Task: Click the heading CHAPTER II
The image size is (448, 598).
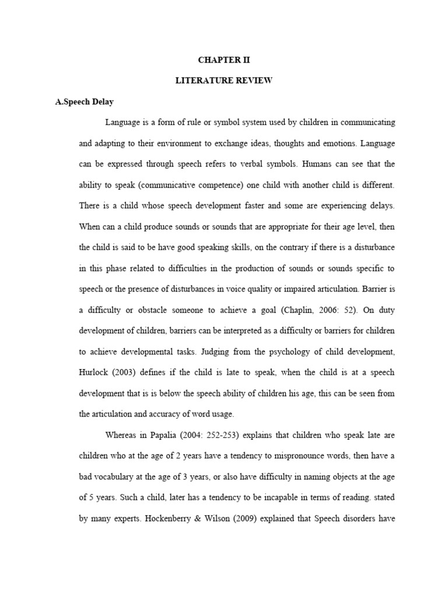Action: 224,60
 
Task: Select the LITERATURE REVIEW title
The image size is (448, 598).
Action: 224,81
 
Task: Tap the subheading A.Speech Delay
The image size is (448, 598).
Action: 85,102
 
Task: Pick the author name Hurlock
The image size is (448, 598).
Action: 94,372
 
